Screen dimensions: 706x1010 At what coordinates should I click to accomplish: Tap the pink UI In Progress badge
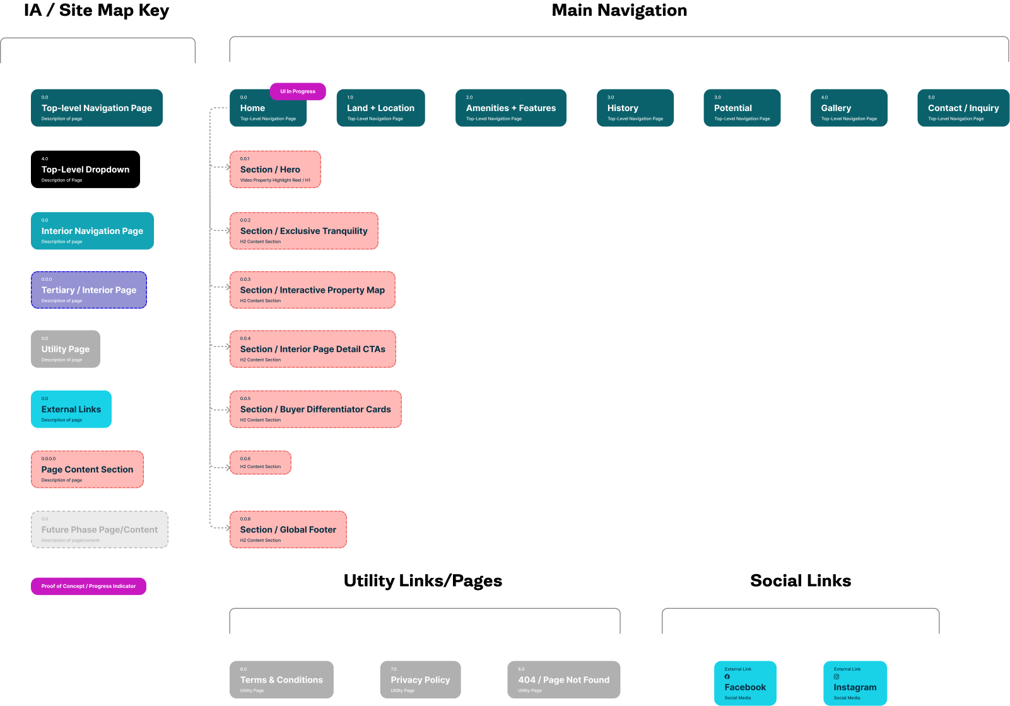point(298,91)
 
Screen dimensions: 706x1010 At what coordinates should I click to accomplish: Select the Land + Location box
point(380,108)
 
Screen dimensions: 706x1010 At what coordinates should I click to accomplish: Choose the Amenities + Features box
point(510,108)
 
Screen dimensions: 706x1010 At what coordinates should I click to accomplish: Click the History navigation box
point(635,108)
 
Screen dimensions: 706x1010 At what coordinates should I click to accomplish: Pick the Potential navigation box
point(742,108)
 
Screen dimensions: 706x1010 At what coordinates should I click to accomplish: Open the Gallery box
point(849,108)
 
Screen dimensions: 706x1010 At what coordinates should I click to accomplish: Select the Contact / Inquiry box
point(963,108)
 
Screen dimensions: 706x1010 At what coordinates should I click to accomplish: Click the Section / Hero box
point(275,169)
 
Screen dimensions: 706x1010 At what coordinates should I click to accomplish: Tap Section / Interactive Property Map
point(312,290)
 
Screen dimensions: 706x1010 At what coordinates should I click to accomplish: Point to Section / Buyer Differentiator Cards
point(315,409)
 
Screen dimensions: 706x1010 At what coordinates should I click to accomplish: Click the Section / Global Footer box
point(288,529)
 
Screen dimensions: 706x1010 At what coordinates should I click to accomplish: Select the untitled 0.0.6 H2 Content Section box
point(260,462)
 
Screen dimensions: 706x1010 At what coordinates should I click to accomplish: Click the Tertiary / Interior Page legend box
point(89,290)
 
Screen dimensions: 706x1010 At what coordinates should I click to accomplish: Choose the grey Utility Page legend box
point(66,349)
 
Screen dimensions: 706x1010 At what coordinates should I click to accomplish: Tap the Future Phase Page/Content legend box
point(100,529)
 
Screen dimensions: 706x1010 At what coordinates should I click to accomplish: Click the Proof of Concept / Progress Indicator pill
point(88,586)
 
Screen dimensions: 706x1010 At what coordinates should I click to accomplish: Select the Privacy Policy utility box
point(420,680)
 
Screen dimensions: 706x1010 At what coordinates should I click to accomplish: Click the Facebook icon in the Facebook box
point(727,676)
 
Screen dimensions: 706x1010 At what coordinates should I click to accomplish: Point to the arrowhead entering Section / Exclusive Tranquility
point(227,231)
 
